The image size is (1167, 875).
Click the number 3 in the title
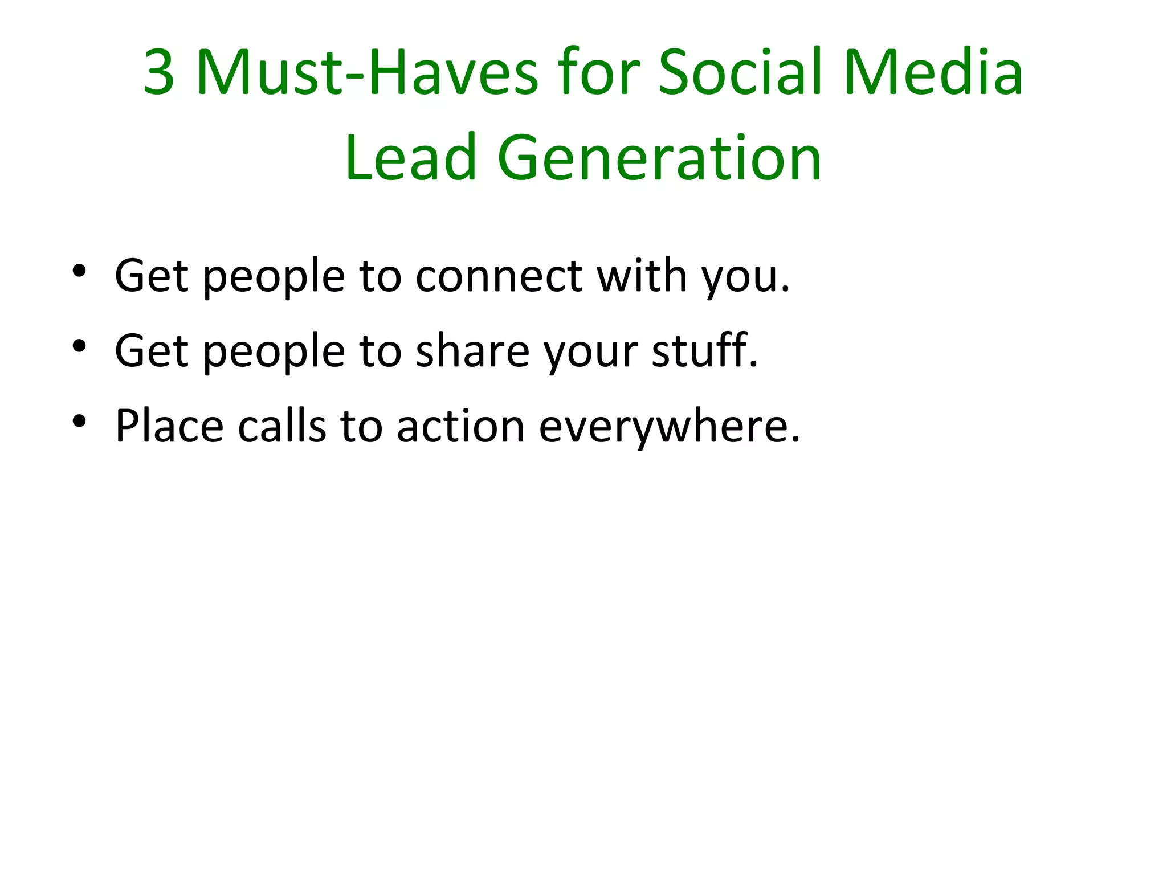[159, 73]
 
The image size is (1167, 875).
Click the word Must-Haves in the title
[368, 73]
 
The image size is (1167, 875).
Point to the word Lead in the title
[410, 158]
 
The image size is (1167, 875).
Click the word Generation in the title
[659, 158]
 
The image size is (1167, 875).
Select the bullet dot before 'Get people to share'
[79, 346]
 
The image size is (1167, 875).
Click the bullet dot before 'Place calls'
[79, 421]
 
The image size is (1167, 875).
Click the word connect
[499, 276]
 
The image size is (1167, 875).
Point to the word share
[473, 351]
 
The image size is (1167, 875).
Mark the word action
[460, 426]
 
